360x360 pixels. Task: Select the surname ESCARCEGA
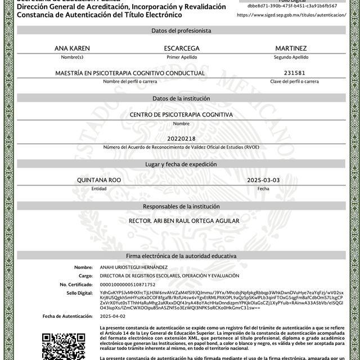pyautogui.click(x=182, y=49)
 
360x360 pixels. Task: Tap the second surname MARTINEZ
pyautogui.click(x=291, y=49)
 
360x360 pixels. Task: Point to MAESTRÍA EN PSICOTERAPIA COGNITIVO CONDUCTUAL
pyautogui.click(x=130, y=73)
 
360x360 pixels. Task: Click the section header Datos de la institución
pyautogui.click(x=181, y=98)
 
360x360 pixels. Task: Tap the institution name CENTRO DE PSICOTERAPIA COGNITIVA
pyautogui.click(x=181, y=114)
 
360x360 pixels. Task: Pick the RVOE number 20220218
pyautogui.click(x=181, y=138)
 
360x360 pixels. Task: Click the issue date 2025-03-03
pyautogui.click(x=263, y=180)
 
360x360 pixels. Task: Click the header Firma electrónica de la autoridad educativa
pyautogui.click(x=181, y=255)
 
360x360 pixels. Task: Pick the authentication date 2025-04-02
pyautogui.click(x=112, y=316)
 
